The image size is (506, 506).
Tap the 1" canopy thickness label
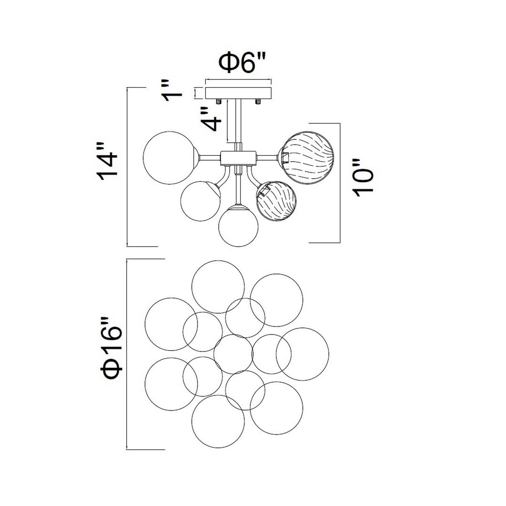[x=172, y=91]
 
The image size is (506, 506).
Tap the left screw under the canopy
[x=218, y=101]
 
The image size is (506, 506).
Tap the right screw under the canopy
[x=258, y=101]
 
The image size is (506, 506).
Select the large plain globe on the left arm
[x=170, y=157]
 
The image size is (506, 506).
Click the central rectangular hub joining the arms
[x=238, y=158]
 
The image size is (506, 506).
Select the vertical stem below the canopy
[x=238, y=120]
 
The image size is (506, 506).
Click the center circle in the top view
[x=233, y=354]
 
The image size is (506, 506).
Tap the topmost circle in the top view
[x=218, y=287]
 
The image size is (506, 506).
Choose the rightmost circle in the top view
[x=303, y=354]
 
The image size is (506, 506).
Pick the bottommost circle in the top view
[x=218, y=421]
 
